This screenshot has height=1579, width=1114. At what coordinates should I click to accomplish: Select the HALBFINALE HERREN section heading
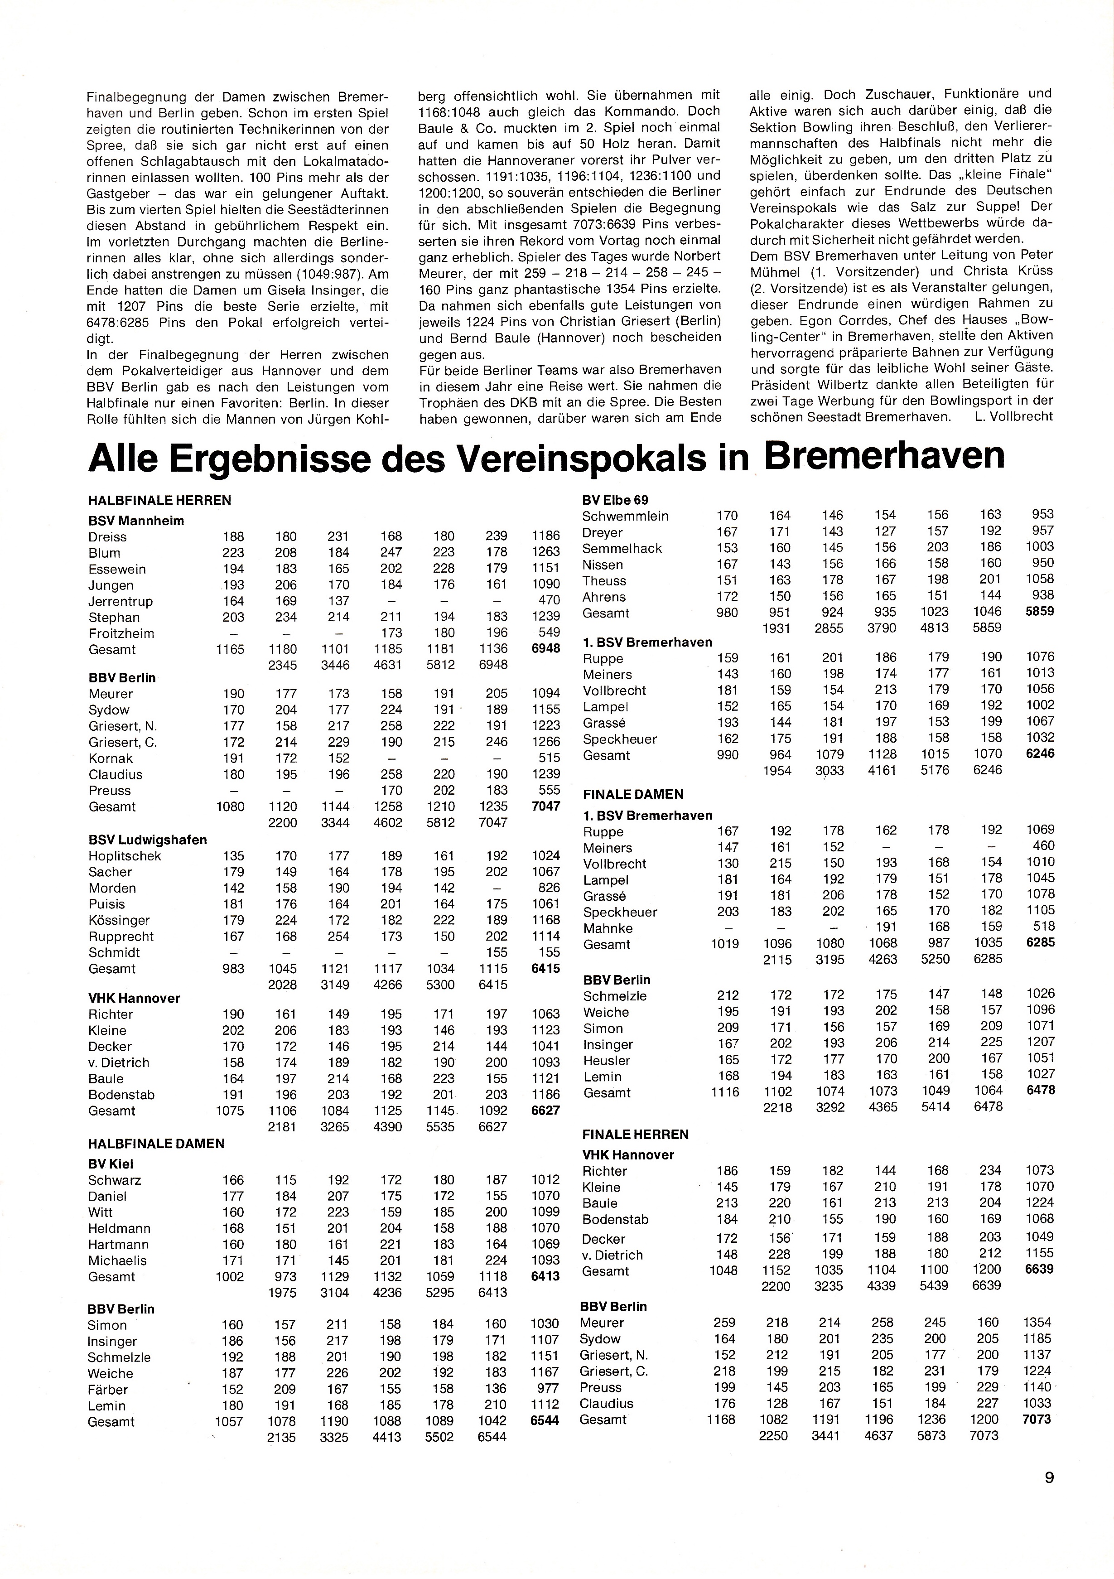pos(159,501)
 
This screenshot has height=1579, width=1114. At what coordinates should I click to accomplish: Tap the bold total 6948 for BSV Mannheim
pos(545,648)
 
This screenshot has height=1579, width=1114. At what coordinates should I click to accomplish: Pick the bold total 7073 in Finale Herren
pos(1037,1420)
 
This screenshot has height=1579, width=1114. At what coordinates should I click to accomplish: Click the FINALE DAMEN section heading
pos(632,794)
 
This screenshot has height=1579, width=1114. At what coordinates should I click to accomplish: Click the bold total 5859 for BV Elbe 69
pos(1039,611)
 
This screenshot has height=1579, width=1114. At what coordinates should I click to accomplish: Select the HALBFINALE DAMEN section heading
pos(156,1144)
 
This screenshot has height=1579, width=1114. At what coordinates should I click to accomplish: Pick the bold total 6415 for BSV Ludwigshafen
pos(545,968)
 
